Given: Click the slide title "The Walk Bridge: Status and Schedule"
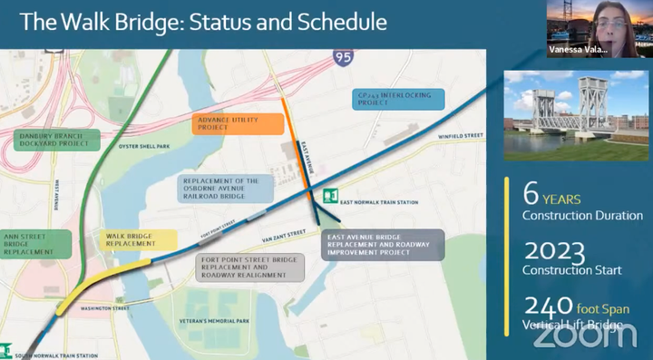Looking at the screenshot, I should click(x=203, y=22).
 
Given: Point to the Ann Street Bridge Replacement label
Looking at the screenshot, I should click(x=34, y=242).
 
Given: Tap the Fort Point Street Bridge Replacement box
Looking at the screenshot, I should click(x=249, y=268).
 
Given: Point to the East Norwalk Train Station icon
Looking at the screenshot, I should click(x=330, y=195).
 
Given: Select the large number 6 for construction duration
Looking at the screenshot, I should click(x=531, y=194).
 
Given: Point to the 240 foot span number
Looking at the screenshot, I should click(x=548, y=305).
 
